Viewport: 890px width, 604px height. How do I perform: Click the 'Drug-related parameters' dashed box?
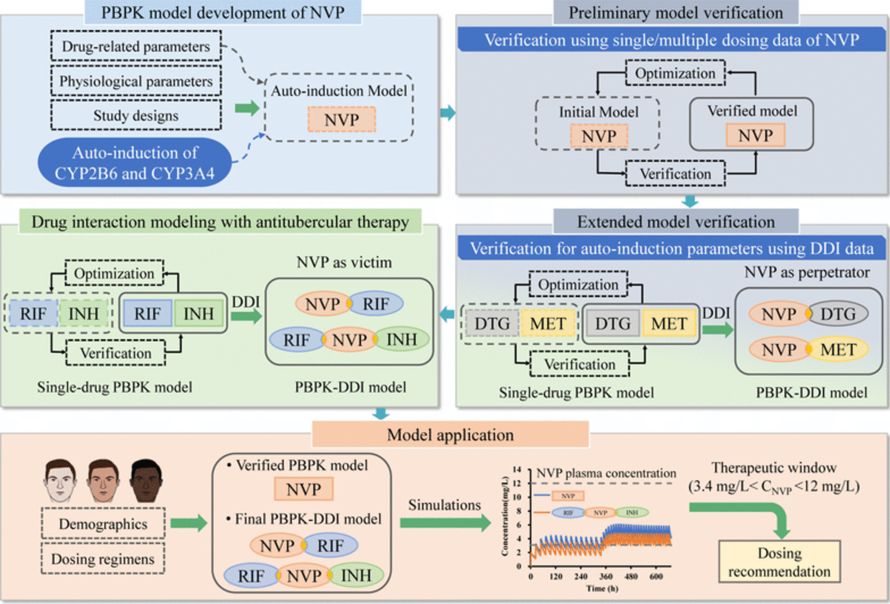[135, 46]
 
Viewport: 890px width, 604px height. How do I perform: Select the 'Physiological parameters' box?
[135, 81]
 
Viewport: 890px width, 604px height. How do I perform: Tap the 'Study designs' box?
[135, 115]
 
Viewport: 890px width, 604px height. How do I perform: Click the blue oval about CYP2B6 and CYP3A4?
[134, 162]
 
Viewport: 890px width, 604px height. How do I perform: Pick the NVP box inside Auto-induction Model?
[342, 119]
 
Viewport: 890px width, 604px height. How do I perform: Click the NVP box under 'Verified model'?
[755, 136]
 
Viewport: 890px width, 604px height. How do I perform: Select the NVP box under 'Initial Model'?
[598, 136]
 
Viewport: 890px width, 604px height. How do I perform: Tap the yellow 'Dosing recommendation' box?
[779, 562]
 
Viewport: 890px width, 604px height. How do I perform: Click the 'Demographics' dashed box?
[103, 524]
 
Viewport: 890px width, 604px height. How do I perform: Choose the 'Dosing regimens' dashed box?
[103, 559]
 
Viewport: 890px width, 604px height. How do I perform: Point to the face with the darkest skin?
[146, 480]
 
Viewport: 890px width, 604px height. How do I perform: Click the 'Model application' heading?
[450, 435]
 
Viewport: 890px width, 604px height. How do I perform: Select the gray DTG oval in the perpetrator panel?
[838, 313]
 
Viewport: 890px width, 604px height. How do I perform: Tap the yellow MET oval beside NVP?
[838, 349]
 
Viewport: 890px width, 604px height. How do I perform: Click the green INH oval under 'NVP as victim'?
[402, 339]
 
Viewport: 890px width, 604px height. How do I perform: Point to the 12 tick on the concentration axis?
[517, 483]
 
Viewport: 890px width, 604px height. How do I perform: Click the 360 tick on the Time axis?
[605, 576]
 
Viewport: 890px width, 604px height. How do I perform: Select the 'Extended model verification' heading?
[676, 222]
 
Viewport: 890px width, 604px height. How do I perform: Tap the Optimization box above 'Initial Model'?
[675, 73]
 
